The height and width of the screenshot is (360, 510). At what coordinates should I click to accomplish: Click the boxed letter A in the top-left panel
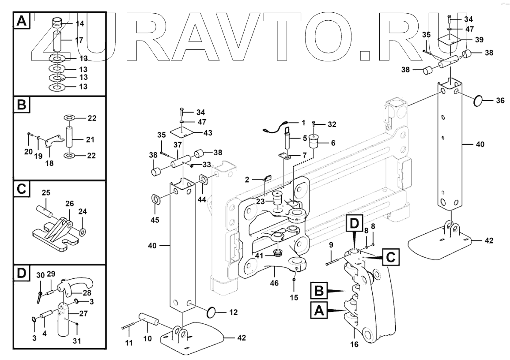tap(22, 21)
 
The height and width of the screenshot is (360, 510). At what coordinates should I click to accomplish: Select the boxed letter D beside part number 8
tap(355, 223)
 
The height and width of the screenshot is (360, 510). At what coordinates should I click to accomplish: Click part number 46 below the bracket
tap(274, 283)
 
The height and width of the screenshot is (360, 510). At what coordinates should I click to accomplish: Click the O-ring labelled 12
tap(212, 312)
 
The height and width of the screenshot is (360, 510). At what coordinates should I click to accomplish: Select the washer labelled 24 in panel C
tap(83, 232)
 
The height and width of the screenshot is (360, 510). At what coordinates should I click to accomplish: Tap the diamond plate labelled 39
tap(450, 41)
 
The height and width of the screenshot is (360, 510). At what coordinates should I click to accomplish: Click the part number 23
tap(260, 201)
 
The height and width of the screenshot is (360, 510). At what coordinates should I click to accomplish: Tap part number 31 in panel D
tap(76, 341)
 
